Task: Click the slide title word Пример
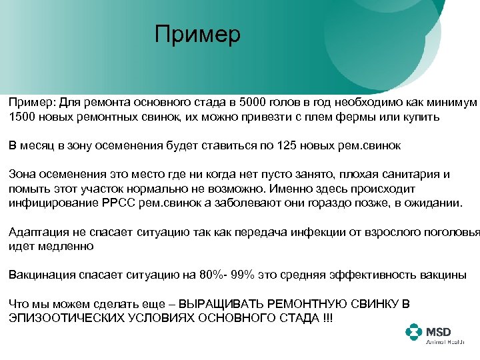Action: [197, 35]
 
